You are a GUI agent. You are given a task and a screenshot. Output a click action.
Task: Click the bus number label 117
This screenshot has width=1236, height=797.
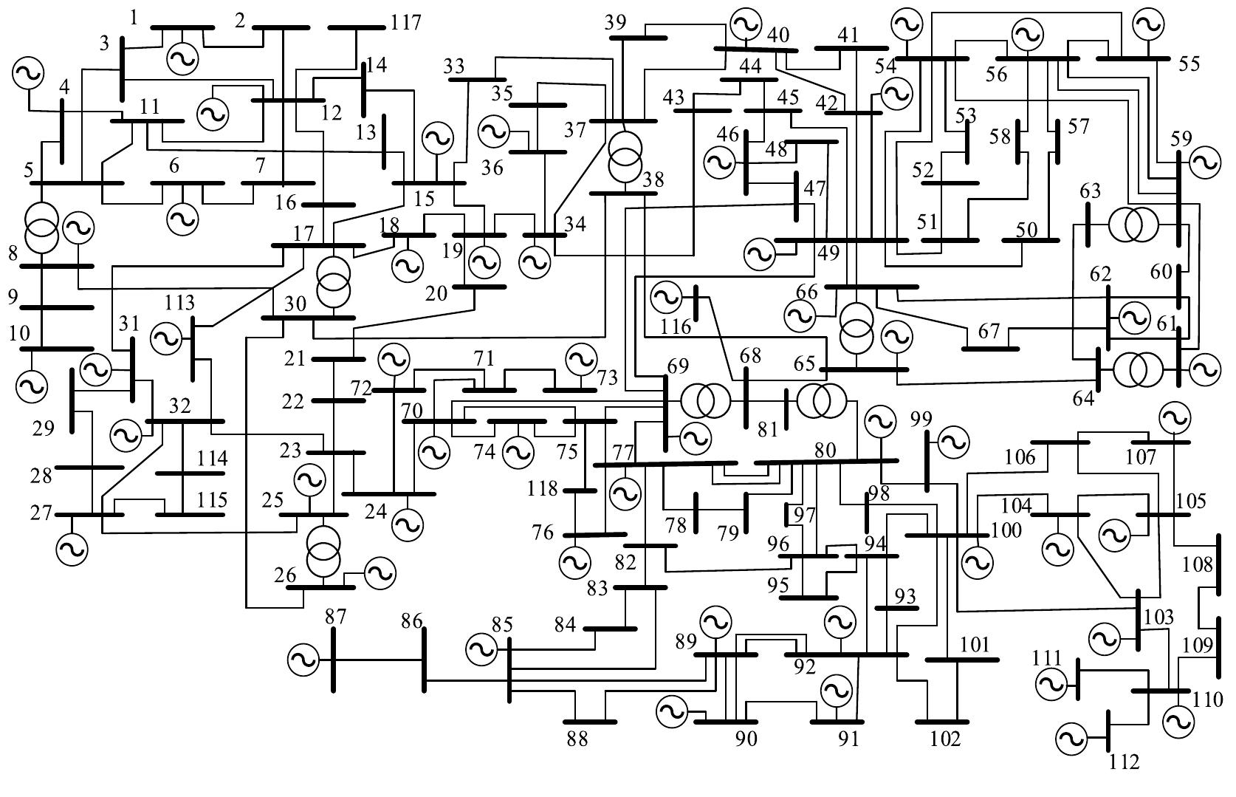407,22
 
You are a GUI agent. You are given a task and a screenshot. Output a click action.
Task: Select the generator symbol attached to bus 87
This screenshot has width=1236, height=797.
303,658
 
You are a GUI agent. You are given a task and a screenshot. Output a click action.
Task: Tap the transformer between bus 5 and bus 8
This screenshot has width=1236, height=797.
41,227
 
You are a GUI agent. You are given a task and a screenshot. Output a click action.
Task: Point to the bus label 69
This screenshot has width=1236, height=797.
677,366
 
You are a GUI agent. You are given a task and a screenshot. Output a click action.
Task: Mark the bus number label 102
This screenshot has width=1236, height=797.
946,738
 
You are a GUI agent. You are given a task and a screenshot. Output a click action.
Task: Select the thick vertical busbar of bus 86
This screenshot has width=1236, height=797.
424,660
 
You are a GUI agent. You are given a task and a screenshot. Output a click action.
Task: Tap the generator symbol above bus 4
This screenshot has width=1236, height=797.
28,73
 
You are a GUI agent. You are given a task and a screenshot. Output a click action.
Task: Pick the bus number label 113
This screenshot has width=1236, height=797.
179,303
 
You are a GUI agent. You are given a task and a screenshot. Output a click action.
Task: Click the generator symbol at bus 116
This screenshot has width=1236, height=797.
666,297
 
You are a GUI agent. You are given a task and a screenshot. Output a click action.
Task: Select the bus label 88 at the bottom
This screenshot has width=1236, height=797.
577,739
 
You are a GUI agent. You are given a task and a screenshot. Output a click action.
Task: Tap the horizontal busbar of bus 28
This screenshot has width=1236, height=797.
89,468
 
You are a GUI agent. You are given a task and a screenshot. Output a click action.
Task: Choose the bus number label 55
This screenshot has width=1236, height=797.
1189,64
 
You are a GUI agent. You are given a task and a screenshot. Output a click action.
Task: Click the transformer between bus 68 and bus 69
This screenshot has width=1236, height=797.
705,401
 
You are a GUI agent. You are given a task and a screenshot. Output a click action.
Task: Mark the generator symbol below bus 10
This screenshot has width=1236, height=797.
31,385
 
